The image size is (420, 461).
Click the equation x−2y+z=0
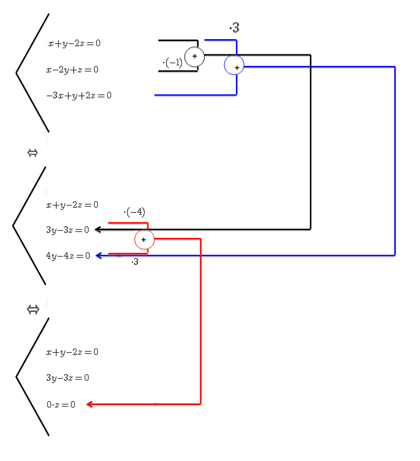click(x=73, y=70)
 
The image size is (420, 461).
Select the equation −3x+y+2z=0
click(x=79, y=96)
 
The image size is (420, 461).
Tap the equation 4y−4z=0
click(x=68, y=256)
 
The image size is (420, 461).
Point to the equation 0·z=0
click(x=61, y=405)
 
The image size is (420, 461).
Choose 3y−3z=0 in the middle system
click(x=68, y=230)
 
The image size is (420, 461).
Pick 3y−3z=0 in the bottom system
click(x=68, y=378)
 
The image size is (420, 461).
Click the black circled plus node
click(x=194, y=57)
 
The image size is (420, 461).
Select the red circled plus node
click(x=144, y=240)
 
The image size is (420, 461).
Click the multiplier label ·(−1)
click(x=173, y=63)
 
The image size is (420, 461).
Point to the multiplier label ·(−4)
click(x=135, y=212)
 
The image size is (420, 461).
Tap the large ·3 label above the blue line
click(x=234, y=27)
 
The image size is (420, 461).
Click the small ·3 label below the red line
click(x=135, y=262)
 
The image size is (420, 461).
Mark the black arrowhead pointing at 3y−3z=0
click(x=97, y=230)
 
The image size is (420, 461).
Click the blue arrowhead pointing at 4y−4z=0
click(x=98, y=256)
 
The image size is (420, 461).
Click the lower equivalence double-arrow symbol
click(x=32, y=310)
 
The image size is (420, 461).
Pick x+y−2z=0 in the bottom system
click(x=72, y=352)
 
